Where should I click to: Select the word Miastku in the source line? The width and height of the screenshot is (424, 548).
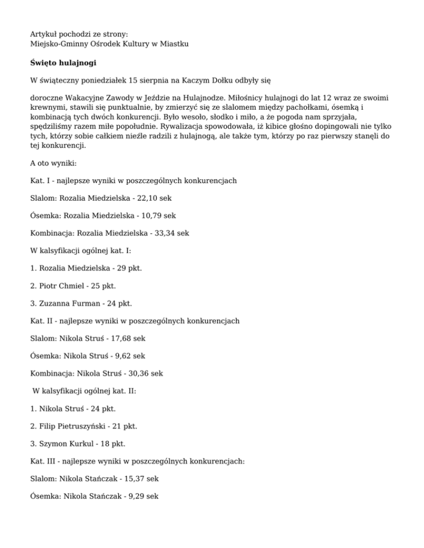coord(175,43)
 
